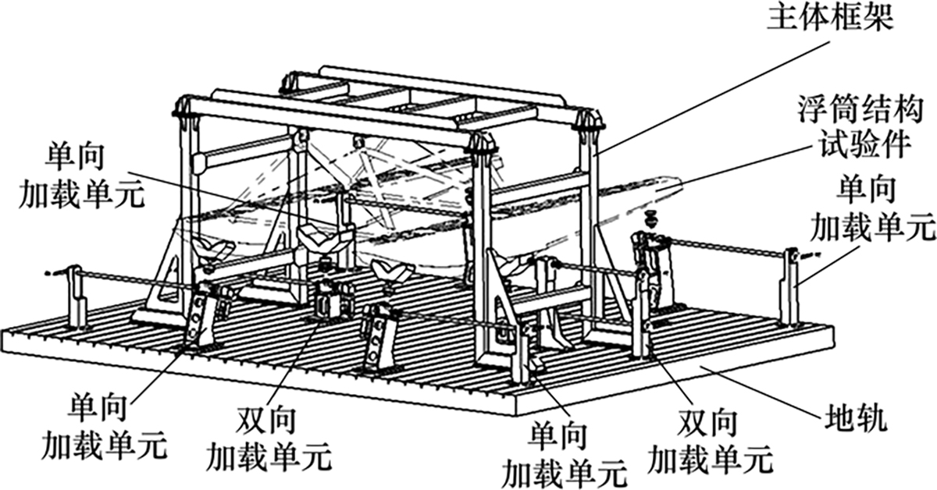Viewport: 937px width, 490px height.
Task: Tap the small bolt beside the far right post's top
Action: pyautogui.click(x=812, y=253)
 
